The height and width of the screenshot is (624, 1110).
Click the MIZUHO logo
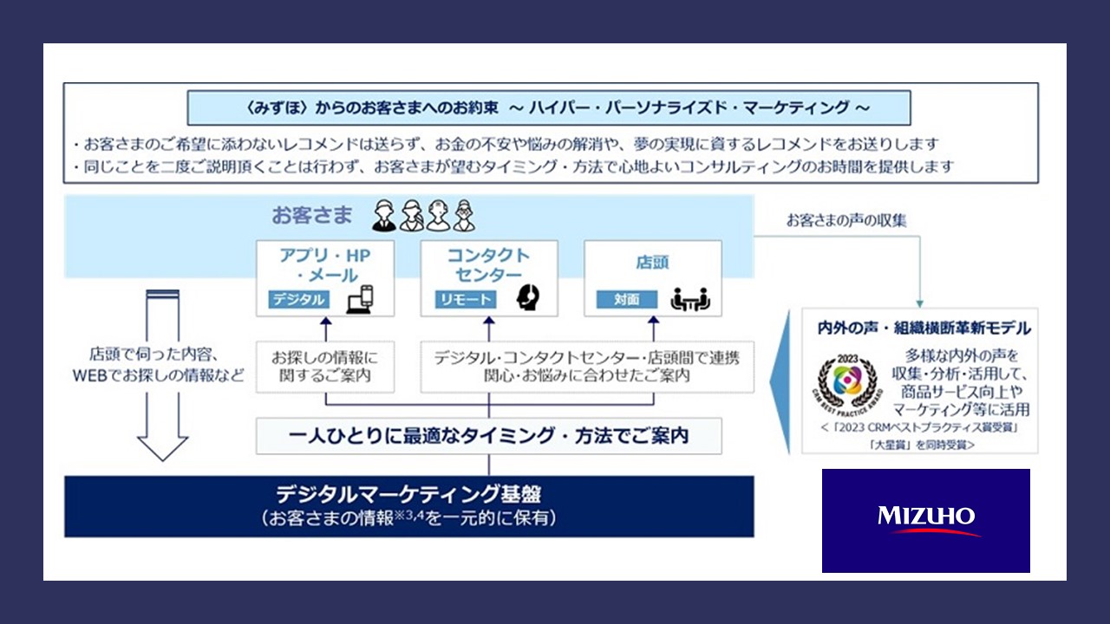pos(925,520)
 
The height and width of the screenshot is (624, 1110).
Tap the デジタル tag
pos(297,300)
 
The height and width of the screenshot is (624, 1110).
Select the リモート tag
pos(464,300)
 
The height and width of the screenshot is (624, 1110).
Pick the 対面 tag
pos(627,300)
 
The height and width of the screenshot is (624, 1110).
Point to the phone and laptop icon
pos(360,298)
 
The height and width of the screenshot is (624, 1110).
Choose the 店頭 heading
pos(652,262)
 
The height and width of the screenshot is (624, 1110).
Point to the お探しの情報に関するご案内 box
pos(325,367)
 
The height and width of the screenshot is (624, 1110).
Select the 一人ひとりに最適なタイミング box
pos(488,435)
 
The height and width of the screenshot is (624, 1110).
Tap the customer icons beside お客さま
pos(423,216)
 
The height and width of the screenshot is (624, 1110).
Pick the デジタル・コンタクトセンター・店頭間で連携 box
pos(587,367)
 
